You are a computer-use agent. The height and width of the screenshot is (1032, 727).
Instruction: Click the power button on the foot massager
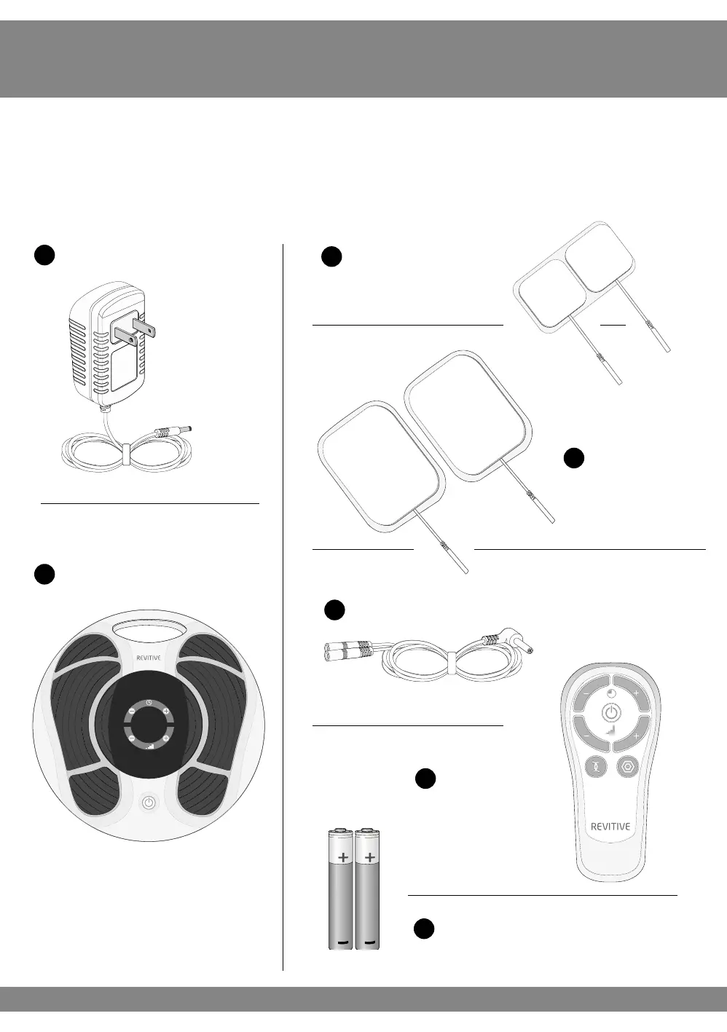point(149,803)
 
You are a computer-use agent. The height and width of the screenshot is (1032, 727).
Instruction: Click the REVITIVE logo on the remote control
point(610,827)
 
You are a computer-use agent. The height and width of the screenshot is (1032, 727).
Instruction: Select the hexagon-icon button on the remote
point(628,767)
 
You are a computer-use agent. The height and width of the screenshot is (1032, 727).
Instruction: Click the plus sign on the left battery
point(342,858)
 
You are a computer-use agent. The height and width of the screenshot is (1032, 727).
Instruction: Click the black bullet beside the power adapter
point(44,255)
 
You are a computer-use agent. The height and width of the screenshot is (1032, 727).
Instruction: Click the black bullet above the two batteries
point(425,779)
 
